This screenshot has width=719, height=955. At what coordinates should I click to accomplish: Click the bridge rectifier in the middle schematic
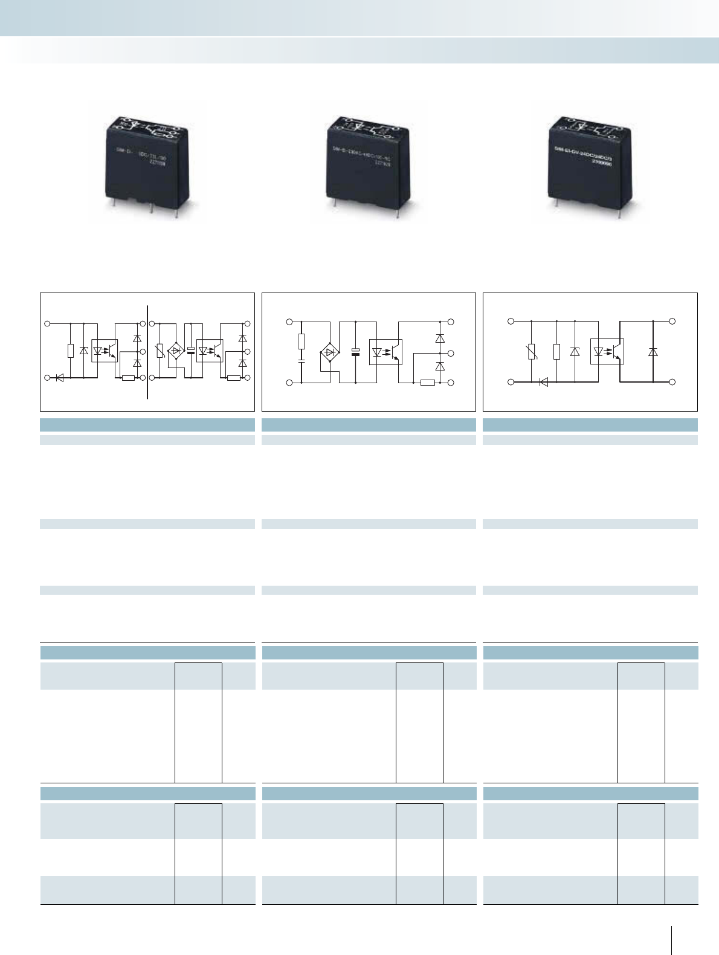(329, 352)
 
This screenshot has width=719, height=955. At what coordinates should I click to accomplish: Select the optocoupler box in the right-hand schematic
(607, 351)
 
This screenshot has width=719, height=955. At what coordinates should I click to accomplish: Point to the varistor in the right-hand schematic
(532, 352)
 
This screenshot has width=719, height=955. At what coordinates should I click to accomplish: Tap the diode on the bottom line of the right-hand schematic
(543, 382)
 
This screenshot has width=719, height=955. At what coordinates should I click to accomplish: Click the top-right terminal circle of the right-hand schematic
(672, 321)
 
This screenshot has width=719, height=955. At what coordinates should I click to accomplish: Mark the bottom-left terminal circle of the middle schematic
(289, 383)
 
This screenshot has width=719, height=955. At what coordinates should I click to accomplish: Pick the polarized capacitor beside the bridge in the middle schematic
(356, 352)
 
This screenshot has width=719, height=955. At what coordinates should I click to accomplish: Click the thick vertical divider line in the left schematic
(147, 352)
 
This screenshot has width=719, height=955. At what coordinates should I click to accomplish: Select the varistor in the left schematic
(160, 351)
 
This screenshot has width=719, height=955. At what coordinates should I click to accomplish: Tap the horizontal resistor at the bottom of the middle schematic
(427, 383)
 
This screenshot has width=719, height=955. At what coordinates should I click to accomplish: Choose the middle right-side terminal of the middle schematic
(451, 352)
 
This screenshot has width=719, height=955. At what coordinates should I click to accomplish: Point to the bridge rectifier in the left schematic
(176, 351)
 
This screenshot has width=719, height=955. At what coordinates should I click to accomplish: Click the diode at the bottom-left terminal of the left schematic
(59, 378)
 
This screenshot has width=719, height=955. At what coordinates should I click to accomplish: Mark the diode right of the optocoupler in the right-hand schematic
(653, 352)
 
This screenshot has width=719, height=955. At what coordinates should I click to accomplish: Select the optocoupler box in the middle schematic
(385, 352)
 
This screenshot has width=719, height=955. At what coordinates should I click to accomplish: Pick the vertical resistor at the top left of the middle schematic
(301, 342)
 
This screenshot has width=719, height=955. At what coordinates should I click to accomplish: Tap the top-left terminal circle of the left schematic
(48, 324)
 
